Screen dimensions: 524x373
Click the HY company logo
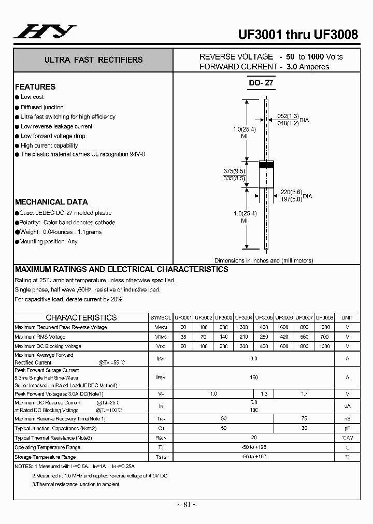[x=45, y=33]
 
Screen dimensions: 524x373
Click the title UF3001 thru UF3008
[x=297, y=34]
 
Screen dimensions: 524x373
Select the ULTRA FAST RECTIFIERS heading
[x=94, y=60]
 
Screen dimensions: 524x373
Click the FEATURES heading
[x=35, y=87]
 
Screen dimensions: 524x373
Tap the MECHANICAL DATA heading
[x=51, y=202]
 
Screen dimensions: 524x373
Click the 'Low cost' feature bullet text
[x=32, y=97]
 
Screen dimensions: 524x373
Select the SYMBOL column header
[x=161, y=317]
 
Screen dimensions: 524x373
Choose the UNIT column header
[x=347, y=317]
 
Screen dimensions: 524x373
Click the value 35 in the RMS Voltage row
[x=183, y=337]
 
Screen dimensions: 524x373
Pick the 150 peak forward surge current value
[x=254, y=377]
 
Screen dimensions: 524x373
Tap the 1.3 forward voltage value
[x=264, y=394]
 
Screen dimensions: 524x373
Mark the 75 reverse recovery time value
[x=304, y=418]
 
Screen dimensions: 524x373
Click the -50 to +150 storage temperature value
[x=254, y=457]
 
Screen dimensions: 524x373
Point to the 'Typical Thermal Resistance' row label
[x=53, y=438]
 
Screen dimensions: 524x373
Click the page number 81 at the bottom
[x=187, y=504]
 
